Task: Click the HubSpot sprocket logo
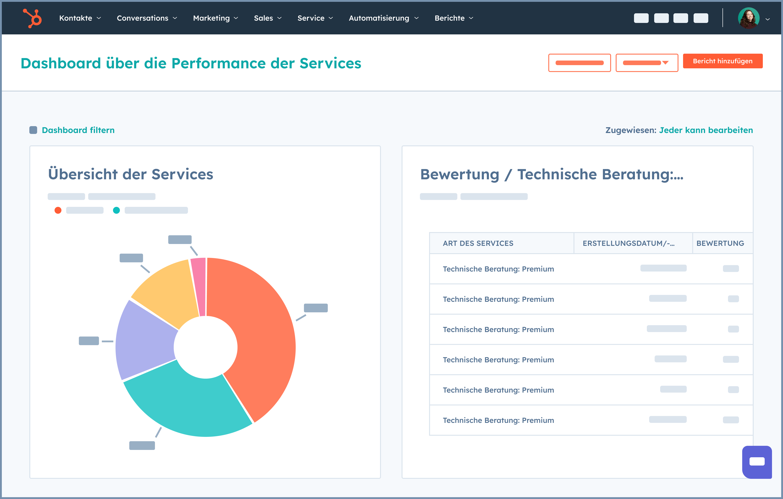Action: point(33,18)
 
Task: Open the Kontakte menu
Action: point(80,18)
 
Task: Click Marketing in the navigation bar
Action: point(215,18)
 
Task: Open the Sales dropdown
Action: point(267,18)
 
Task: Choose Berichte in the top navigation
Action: point(454,18)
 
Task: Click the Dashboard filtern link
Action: point(78,130)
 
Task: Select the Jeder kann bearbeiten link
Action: point(706,130)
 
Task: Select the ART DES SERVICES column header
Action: point(478,243)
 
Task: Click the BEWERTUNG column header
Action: point(720,243)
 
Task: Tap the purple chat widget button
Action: point(757,462)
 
